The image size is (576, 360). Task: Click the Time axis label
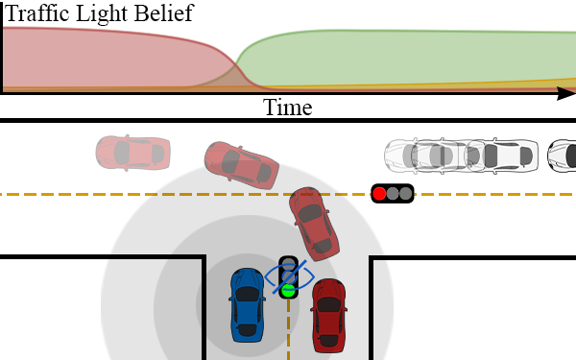pos(287,107)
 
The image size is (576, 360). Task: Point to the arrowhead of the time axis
pos(566,93)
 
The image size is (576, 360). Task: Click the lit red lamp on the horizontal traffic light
pos(380,194)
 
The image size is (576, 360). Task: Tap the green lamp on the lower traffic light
pos(288,289)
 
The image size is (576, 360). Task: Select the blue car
pos(247,304)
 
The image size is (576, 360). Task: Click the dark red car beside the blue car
pos(328,314)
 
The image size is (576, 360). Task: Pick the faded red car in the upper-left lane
pos(132,151)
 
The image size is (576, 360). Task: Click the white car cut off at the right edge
pos(563,155)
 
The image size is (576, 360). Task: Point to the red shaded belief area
pos(96,58)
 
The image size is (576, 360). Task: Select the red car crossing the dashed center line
pos(315,222)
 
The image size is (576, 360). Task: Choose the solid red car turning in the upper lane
pos(240,163)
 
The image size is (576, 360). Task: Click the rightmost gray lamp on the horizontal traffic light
pos(406,194)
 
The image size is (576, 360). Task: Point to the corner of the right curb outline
pos(372,258)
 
